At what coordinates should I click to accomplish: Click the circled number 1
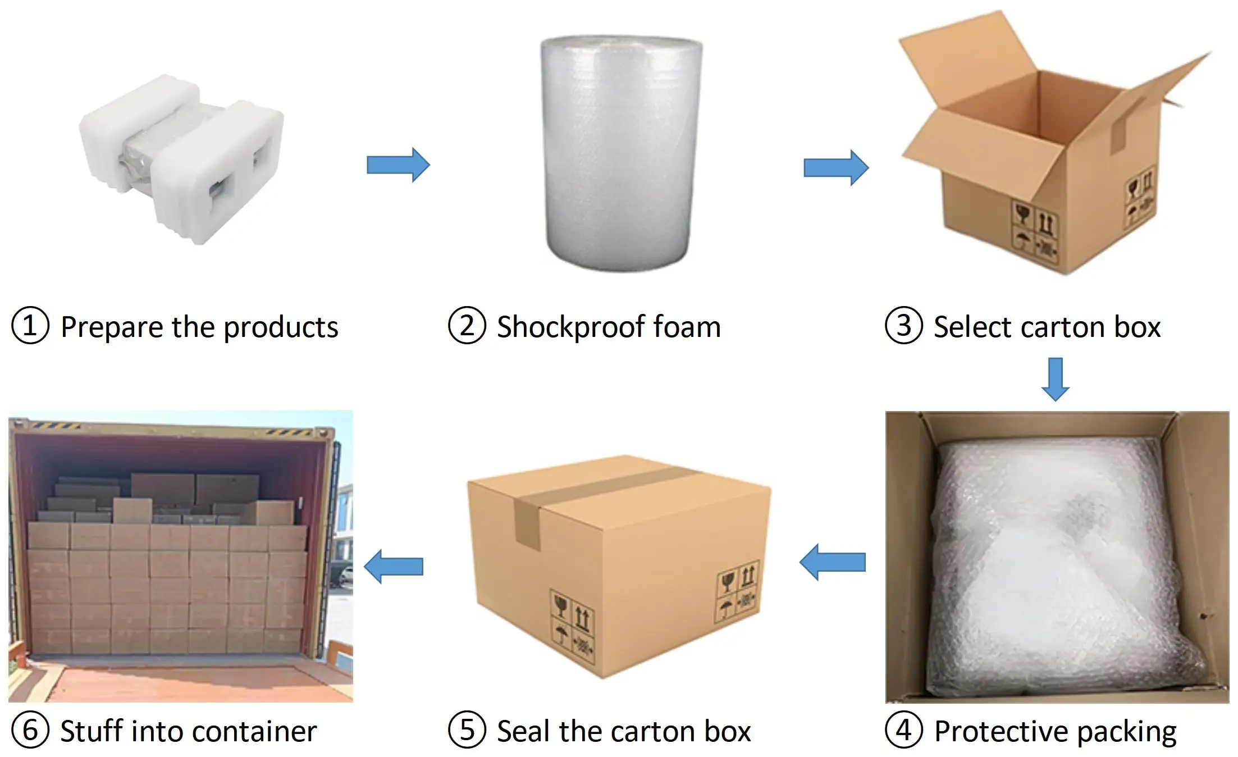30,326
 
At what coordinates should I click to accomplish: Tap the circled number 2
467,326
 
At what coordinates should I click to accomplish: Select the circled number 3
903,326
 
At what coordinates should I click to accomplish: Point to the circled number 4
903,730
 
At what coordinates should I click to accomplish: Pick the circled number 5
467,730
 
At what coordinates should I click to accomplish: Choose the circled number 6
30,730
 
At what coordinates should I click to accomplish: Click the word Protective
1001,731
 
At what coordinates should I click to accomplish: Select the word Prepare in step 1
112,327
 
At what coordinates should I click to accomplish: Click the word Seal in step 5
524,731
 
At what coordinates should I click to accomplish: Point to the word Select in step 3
973,327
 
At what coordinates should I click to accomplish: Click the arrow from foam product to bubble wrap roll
398,165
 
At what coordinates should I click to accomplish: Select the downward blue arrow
1056,379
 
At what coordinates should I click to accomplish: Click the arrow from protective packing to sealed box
833,562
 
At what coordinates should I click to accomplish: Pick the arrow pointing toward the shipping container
394,566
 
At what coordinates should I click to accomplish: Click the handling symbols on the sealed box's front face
572,626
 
